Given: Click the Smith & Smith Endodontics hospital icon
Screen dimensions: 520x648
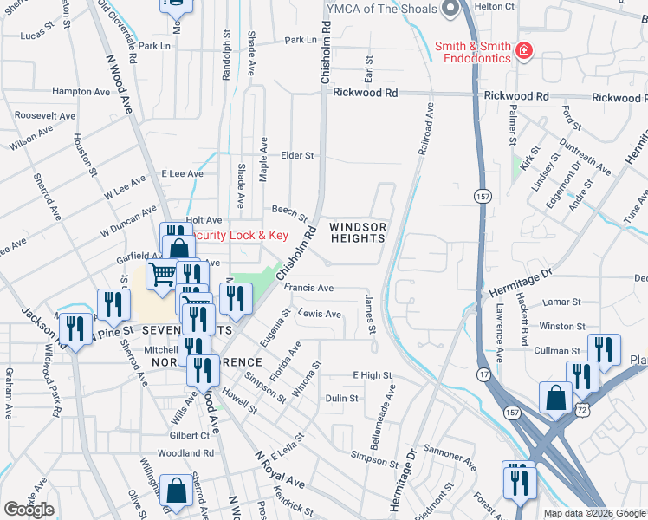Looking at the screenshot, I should (524, 51).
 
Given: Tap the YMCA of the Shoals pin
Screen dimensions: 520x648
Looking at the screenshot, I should (450, 10).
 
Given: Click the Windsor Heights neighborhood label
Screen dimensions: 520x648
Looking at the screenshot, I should (357, 232).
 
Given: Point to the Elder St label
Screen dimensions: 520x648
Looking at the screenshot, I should (296, 155).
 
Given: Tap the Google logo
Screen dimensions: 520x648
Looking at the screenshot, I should (29, 510).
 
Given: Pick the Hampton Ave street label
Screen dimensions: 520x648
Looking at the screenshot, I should (81, 91).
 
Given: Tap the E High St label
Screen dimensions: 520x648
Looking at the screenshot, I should (372, 375).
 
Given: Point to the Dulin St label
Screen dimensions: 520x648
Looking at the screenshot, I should (342, 399).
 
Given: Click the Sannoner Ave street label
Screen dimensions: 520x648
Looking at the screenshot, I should (450, 465).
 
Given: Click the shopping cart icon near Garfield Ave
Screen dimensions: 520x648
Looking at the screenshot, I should (163, 276).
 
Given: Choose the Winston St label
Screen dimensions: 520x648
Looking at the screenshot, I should (562, 326).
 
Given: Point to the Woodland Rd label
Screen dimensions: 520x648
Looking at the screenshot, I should (185, 453).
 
